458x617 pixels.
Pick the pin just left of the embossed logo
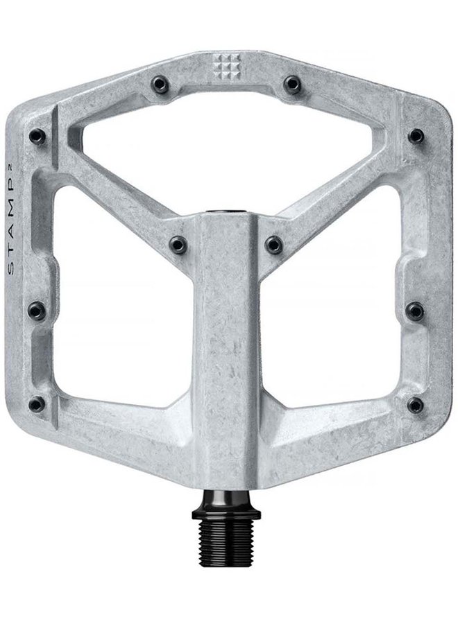160,84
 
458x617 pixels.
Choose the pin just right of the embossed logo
292,84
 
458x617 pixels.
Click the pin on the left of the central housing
178,245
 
